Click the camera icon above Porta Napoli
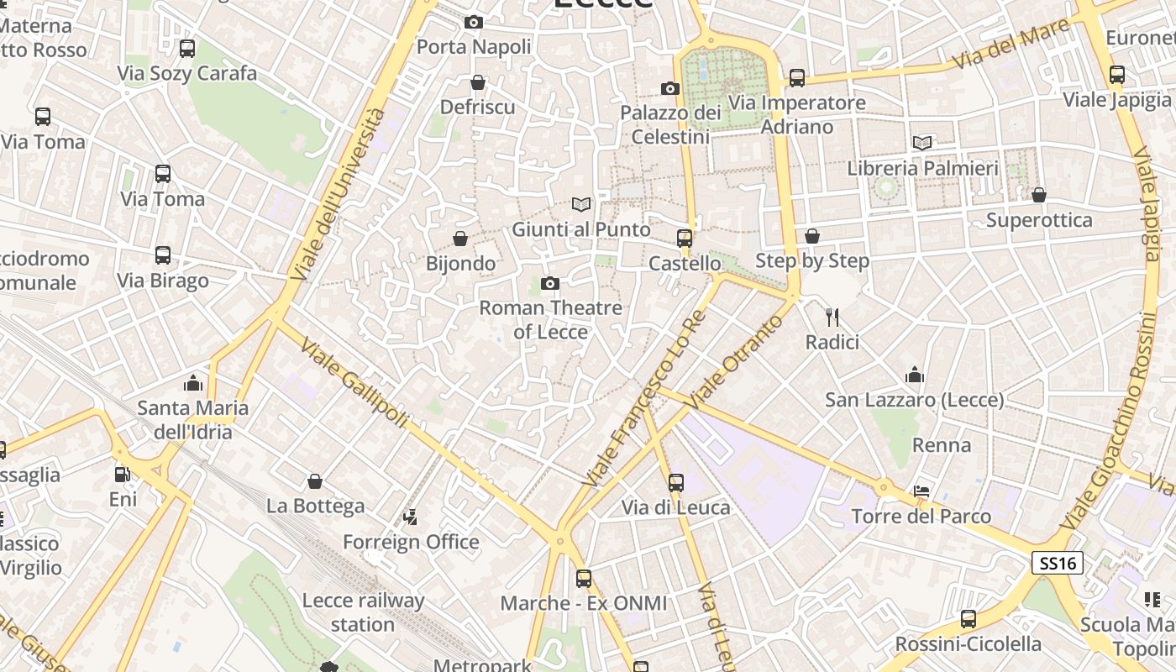pyautogui.click(x=474, y=23)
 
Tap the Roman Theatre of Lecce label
pyautogui.click(x=550, y=320)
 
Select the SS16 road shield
pyautogui.click(x=1057, y=563)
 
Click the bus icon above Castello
pyautogui.click(x=685, y=239)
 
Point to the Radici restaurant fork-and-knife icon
pyautogui.click(x=832, y=317)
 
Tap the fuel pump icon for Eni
pyautogui.click(x=123, y=475)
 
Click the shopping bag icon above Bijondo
pyautogui.click(x=460, y=239)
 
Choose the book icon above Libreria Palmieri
pyautogui.click(x=922, y=143)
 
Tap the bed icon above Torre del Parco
pyautogui.click(x=922, y=491)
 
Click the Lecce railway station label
pyautogui.click(x=363, y=612)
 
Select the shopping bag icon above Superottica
pyautogui.click(x=1039, y=195)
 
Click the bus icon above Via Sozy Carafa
pyautogui.click(x=187, y=49)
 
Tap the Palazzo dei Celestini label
pyautogui.click(x=670, y=124)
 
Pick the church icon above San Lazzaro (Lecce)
pyautogui.click(x=914, y=375)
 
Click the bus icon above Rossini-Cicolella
pyautogui.click(x=969, y=619)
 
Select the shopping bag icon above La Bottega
pyautogui.click(x=315, y=481)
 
